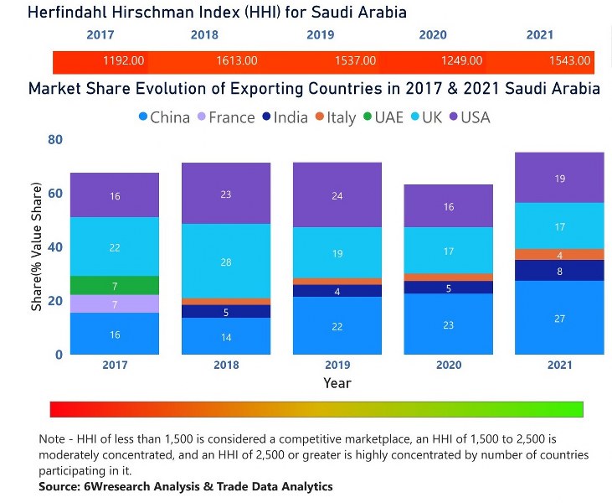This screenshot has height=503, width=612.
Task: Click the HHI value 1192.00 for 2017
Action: [124, 61]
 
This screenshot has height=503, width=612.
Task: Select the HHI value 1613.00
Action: [237, 61]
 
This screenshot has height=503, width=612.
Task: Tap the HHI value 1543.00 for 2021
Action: [572, 61]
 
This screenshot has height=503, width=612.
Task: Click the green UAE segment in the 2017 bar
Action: [115, 286]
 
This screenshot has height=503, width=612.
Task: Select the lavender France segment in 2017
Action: [115, 304]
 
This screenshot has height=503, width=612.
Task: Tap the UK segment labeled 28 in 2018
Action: [226, 262]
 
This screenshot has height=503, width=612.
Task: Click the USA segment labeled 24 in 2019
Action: [337, 196]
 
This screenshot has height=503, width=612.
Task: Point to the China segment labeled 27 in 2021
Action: [559, 318]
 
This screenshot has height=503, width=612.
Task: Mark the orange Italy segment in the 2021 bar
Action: [559, 255]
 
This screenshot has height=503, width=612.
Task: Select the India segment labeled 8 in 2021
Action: [559, 271]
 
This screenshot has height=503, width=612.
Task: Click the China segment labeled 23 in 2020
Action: [449, 324]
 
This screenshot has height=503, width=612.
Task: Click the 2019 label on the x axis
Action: [337, 365]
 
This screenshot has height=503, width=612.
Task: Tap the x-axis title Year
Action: [337, 383]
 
